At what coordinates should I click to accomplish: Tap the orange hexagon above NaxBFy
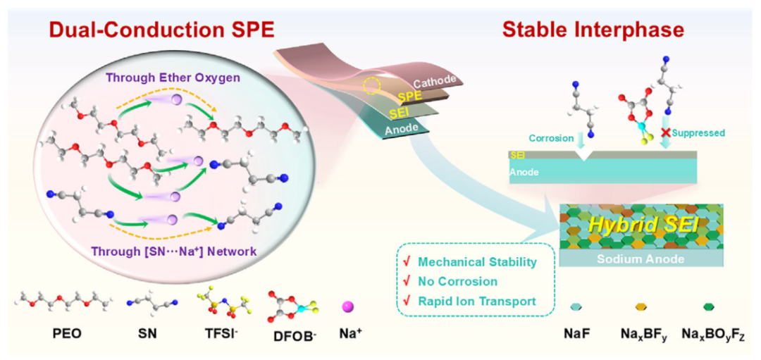(x=641, y=308)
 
